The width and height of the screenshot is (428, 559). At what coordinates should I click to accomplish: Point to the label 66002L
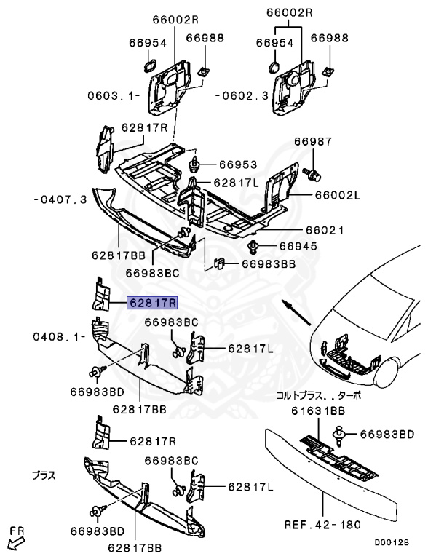317,196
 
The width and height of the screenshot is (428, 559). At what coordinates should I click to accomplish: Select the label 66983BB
269,266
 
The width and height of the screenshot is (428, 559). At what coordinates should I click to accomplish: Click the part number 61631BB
317,411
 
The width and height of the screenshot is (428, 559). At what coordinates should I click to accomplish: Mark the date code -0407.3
60,199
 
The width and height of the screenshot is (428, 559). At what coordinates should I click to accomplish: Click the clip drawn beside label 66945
254,246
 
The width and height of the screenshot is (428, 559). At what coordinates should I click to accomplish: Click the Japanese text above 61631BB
317,397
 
